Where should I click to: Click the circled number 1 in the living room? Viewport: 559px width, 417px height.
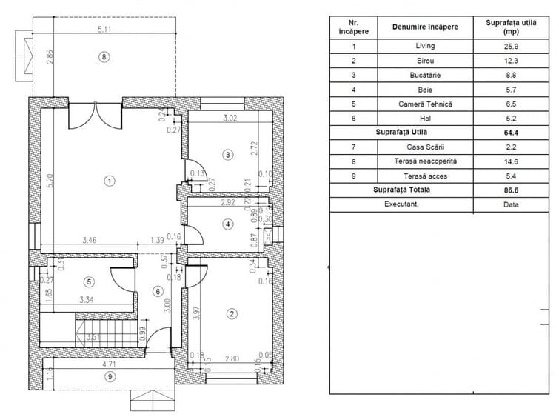109,180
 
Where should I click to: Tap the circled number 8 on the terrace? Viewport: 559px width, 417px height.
104,56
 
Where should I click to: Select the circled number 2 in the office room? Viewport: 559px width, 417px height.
232,314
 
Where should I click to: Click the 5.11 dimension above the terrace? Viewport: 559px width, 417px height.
104,30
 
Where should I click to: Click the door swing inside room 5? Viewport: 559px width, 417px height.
121,277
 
